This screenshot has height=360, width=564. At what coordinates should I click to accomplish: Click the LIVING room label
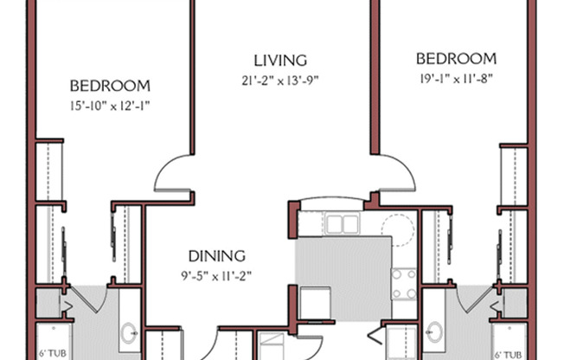[280, 61]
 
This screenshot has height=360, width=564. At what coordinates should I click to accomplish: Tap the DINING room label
[217, 256]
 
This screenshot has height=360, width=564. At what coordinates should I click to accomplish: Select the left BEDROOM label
[110, 86]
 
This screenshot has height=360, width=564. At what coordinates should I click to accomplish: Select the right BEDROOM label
[457, 59]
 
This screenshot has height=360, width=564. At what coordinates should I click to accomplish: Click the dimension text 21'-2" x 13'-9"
[280, 80]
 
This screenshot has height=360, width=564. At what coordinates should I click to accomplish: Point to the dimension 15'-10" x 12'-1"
[110, 106]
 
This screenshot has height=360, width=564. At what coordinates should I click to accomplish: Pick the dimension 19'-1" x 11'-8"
[456, 79]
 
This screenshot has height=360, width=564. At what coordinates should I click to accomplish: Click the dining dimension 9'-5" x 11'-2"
[216, 276]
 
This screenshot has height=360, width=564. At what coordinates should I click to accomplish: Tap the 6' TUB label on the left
[53, 353]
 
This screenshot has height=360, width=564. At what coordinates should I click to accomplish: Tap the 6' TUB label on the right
[508, 355]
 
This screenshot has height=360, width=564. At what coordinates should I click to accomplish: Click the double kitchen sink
[342, 223]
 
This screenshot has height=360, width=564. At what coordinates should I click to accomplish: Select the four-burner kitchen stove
[404, 284]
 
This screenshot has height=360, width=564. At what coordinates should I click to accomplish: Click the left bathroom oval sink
[128, 333]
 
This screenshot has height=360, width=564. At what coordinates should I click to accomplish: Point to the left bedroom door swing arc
[163, 170]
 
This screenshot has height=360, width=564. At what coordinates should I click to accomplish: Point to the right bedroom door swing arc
[407, 170]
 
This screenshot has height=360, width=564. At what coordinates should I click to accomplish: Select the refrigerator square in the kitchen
[315, 304]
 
